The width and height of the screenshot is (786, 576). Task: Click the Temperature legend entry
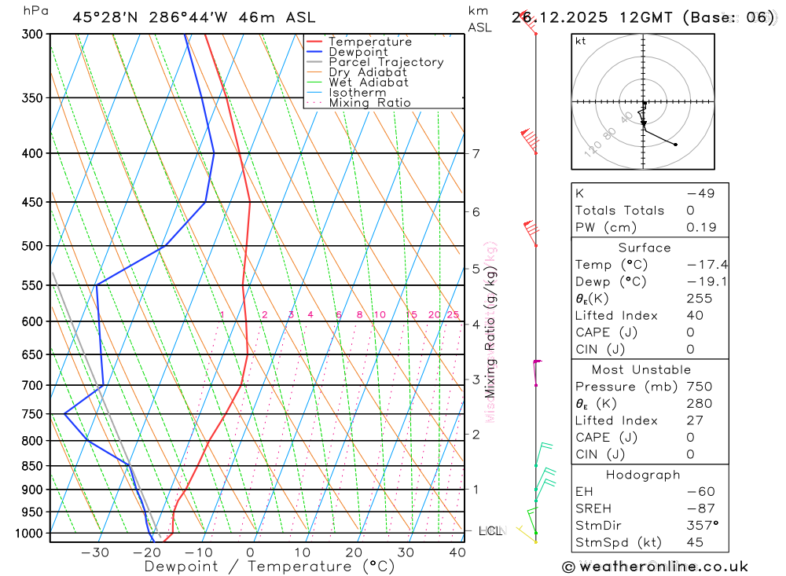[369, 42]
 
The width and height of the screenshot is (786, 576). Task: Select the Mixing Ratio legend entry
[369, 102]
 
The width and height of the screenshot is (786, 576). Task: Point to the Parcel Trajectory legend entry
[386, 62]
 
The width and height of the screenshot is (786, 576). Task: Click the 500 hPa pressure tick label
[32, 246]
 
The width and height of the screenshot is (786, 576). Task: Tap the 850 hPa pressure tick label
[32, 466]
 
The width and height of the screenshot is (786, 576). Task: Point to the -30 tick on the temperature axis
[94, 552]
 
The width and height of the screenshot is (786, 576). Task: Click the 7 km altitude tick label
[476, 153]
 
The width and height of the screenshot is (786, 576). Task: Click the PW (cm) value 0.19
[701, 227]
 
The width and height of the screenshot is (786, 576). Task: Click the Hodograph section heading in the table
[643, 475]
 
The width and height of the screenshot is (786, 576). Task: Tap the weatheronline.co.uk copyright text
[656, 567]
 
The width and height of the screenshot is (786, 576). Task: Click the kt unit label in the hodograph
[581, 41]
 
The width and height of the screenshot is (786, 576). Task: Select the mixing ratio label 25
[453, 315]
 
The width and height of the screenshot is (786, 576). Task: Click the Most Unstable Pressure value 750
[698, 387]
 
